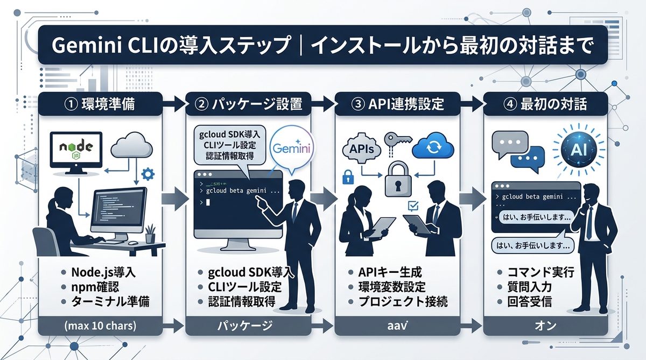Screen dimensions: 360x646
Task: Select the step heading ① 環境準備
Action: click(100, 104)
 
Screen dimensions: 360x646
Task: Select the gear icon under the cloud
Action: click(147, 173)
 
